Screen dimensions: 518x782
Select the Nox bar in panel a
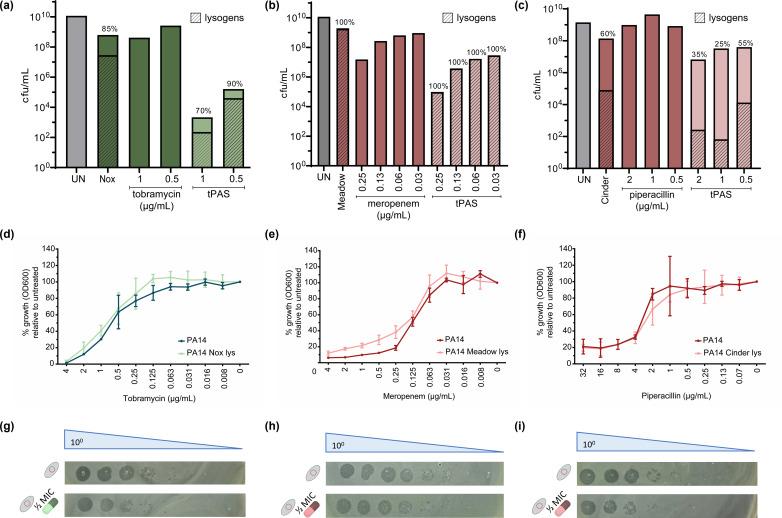click(108, 101)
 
